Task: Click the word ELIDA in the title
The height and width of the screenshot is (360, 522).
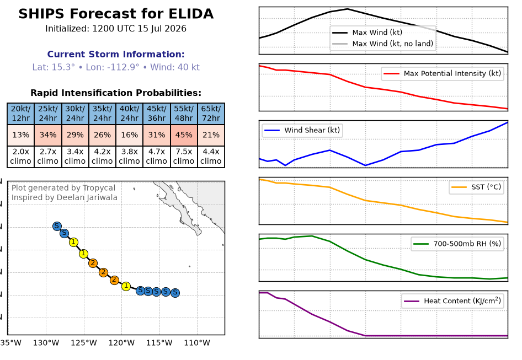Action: (x=191, y=14)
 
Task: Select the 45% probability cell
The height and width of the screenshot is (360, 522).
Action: (x=184, y=135)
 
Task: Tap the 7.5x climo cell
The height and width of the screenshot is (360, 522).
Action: (x=184, y=157)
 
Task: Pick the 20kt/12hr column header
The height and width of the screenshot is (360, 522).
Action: (x=20, y=114)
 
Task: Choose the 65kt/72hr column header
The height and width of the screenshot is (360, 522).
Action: (x=211, y=114)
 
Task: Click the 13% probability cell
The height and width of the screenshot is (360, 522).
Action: (x=20, y=135)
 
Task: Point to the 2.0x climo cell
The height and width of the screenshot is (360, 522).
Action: (x=20, y=157)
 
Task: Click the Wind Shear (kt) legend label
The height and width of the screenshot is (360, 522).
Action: (x=312, y=130)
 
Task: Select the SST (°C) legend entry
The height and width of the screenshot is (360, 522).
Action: (x=476, y=187)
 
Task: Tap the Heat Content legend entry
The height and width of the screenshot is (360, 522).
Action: (x=452, y=301)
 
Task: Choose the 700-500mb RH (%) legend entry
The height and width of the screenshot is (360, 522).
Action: (x=457, y=244)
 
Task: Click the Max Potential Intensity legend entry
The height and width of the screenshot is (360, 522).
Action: (x=443, y=73)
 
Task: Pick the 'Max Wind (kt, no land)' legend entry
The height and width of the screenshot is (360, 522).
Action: (x=383, y=44)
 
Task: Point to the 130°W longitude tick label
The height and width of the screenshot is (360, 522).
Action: (x=46, y=343)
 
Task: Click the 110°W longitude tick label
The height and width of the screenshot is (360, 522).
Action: (x=197, y=343)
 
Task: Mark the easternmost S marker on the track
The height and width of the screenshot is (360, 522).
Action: (x=175, y=293)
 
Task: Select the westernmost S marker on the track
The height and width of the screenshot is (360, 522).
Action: (x=57, y=226)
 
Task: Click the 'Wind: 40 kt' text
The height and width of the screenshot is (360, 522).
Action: (x=175, y=67)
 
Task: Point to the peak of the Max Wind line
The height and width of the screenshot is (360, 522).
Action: (x=348, y=9)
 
